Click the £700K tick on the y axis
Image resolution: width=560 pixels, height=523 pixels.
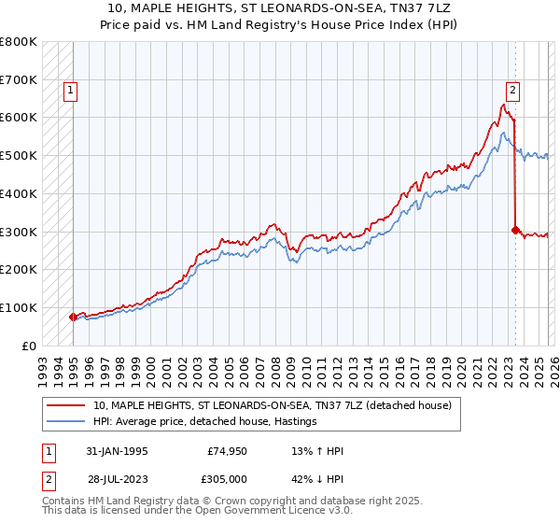click(x=19, y=80)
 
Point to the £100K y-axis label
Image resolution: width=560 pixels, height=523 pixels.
click(x=19, y=307)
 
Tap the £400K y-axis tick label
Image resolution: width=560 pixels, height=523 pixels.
click(x=19, y=193)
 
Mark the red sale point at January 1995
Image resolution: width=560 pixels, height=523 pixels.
click(x=73, y=317)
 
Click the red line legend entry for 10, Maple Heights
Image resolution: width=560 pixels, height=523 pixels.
click(x=273, y=405)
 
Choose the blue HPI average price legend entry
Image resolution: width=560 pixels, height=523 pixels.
click(x=205, y=422)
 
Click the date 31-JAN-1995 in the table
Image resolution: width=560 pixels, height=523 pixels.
click(x=117, y=452)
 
